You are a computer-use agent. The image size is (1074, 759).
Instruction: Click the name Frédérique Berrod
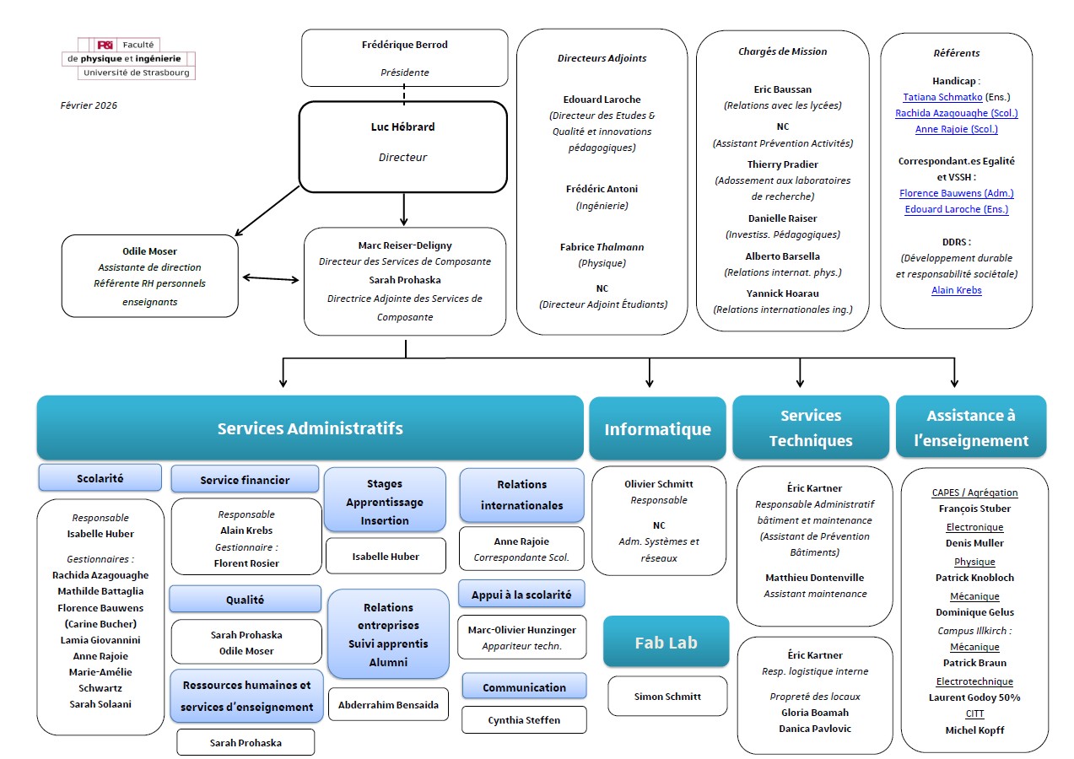coord(404,45)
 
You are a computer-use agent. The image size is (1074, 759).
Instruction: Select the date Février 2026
coord(89,105)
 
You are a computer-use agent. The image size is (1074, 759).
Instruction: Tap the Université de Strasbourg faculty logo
coord(128,59)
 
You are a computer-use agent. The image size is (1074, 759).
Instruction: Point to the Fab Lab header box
coord(666,642)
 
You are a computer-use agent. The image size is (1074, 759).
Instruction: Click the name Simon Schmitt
coord(667,697)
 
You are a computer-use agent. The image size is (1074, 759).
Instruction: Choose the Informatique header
coord(657,429)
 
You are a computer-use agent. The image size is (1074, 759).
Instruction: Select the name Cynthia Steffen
coord(523,720)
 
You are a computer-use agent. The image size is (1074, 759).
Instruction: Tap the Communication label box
coord(524,687)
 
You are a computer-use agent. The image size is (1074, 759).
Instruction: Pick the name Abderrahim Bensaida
coord(388,705)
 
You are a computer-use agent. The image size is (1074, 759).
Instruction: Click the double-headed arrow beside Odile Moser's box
coord(271,278)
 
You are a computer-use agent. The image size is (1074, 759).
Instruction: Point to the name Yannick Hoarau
coord(782,293)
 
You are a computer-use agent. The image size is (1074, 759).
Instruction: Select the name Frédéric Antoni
coord(602,189)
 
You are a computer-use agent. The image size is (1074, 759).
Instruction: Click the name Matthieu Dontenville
coord(814,578)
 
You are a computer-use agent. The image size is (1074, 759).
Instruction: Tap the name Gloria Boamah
coord(814,713)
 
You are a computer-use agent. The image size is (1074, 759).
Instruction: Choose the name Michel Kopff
coord(974,730)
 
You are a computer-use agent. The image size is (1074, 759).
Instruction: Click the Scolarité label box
coord(100,478)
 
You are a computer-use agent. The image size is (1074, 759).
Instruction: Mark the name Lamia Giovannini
coord(100,640)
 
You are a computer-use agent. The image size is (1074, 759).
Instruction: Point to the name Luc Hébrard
coord(402,127)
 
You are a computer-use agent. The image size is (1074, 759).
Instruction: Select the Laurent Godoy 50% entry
coord(974,697)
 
